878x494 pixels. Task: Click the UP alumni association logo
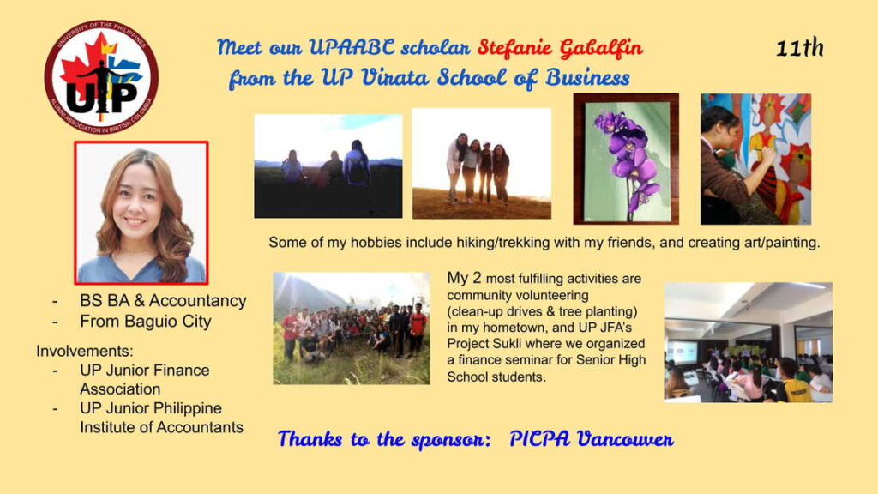(101, 77)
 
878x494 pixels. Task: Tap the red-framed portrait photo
(141, 212)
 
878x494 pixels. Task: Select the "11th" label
(799, 49)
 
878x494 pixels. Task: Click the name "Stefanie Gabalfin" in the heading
(560, 46)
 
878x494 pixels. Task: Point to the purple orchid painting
(626, 159)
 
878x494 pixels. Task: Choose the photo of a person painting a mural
(755, 159)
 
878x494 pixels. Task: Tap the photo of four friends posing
(481, 163)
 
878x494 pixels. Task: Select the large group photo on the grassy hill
(352, 328)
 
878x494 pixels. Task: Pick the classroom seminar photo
(748, 342)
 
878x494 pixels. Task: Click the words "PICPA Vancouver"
(592, 439)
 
